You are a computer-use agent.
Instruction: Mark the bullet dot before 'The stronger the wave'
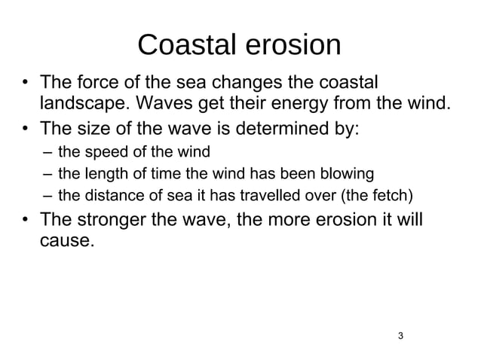point(26,222)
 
